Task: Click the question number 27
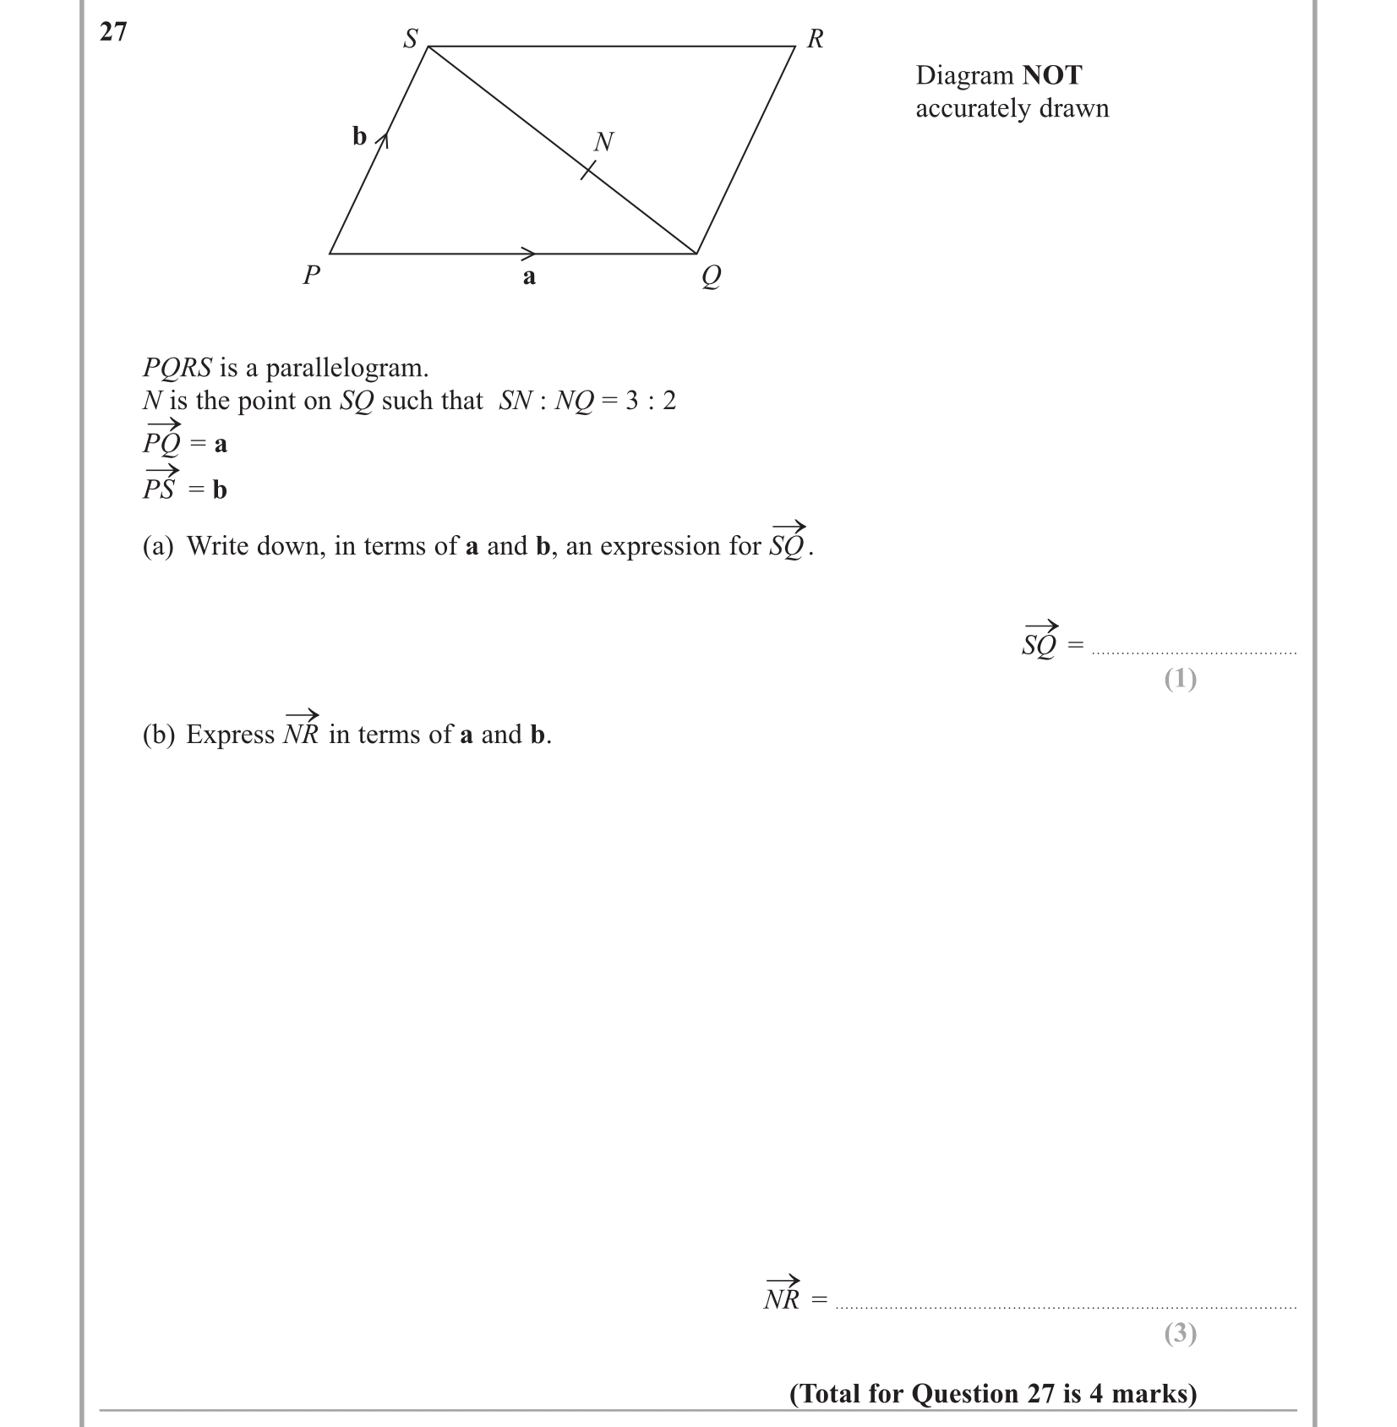point(113,32)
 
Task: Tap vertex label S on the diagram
point(411,39)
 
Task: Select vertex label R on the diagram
point(816,39)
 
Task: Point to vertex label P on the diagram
point(312,275)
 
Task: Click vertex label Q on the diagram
point(711,276)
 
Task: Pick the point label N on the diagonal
point(603,142)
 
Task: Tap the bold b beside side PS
point(360,136)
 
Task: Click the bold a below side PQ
point(529,276)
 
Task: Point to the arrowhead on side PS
point(382,139)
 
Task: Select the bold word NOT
point(1051,75)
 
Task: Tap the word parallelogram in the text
point(347,368)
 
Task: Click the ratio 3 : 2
point(651,401)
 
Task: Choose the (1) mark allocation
point(1180,679)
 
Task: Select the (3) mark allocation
point(1180,1333)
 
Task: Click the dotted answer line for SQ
point(1193,653)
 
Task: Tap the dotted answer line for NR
point(1065,1307)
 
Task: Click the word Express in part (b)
point(231,735)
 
